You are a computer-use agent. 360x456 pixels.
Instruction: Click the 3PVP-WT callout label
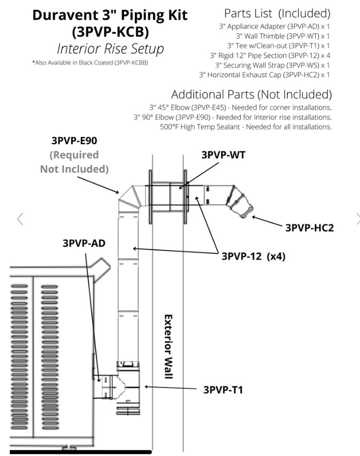(223, 155)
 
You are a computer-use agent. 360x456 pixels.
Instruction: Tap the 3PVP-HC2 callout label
(310, 228)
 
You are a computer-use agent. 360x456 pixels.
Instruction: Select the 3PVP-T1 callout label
(223, 390)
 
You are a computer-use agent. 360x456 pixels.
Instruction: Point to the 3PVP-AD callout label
(84, 243)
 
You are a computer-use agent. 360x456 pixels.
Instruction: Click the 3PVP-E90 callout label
(74, 141)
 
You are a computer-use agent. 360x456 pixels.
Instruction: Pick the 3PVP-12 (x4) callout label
(253, 256)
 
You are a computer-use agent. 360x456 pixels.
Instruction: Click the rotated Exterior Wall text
(168, 346)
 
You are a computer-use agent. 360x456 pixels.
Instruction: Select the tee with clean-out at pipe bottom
(129, 387)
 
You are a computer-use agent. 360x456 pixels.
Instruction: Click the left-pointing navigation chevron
(20, 219)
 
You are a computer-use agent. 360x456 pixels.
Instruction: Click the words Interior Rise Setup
(111, 48)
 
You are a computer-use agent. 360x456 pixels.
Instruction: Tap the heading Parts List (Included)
(277, 13)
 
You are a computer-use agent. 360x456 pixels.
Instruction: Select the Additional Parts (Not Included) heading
(251, 94)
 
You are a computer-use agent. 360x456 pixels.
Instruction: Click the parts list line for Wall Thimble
(283, 36)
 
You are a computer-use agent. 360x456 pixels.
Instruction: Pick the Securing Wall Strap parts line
(272, 65)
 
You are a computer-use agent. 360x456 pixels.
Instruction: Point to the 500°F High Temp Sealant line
(246, 127)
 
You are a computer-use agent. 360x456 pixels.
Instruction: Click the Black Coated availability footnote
(90, 62)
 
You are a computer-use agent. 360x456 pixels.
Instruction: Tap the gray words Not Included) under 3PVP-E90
(75, 169)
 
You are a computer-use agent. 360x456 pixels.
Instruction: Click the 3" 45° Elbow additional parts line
(241, 108)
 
